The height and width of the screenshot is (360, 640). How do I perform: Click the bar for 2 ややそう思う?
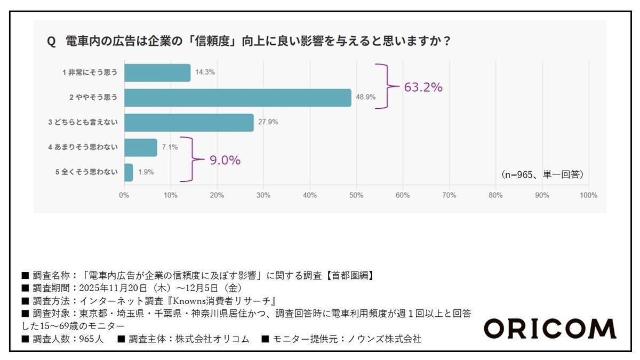coord(237,98)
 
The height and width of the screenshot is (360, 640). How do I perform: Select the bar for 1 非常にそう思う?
coord(157,73)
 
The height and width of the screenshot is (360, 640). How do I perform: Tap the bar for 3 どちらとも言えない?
coord(189,122)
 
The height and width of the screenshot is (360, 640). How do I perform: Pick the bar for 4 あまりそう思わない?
coord(141,147)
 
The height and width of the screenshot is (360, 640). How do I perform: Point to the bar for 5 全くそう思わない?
coord(129,172)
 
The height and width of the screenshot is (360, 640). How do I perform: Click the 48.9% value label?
coord(365,97)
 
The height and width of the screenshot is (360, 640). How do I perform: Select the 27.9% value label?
coord(268,122)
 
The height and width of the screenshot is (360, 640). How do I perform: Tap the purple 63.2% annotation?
coord(423,87)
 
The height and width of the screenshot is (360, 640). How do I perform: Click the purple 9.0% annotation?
coord(225,159)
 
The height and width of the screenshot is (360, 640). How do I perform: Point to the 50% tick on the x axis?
coord(356,195)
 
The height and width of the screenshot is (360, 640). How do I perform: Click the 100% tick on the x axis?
coord(588,195)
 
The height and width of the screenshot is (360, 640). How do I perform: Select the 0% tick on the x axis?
coord(124,195)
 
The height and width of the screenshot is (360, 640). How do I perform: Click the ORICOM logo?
coord(549,329)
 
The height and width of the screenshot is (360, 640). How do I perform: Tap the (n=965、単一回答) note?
coord(542,174)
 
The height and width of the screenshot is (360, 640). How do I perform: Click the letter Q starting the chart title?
coord(51,42)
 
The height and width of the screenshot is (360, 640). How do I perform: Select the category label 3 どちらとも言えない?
coord(83,122)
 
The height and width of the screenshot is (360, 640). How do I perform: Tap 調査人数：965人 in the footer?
coord(65,338)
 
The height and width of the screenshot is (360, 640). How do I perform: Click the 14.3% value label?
coord(205,72)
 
